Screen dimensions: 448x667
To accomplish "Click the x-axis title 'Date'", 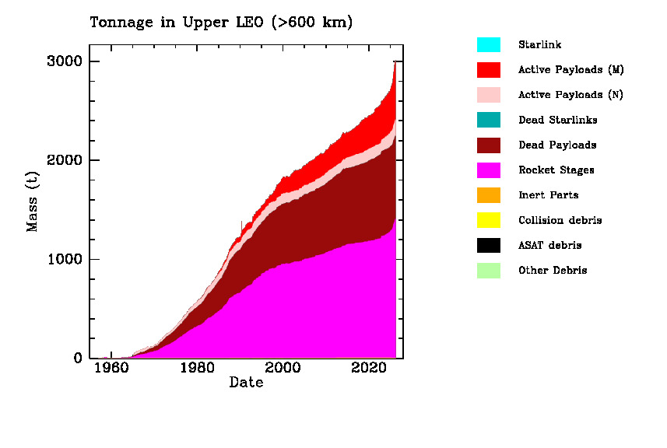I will (246, 383).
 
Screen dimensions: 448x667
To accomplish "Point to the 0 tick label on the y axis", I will (78, 359).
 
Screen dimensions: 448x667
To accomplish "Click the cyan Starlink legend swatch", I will (489, 44).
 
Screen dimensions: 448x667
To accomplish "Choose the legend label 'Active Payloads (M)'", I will (571, 70).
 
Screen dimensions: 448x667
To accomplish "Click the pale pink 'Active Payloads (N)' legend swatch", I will (489, 95).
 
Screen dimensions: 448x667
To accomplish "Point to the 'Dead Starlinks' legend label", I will (558, 120).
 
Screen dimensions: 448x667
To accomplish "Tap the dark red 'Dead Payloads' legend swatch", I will (489, 145).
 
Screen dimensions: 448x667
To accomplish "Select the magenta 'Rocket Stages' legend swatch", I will (489, 170).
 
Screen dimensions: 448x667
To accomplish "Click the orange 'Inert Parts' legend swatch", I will (489, 195).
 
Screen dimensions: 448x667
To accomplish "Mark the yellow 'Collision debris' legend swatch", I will (489, 220).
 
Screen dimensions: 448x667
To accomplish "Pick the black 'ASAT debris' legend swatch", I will (489, 245).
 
